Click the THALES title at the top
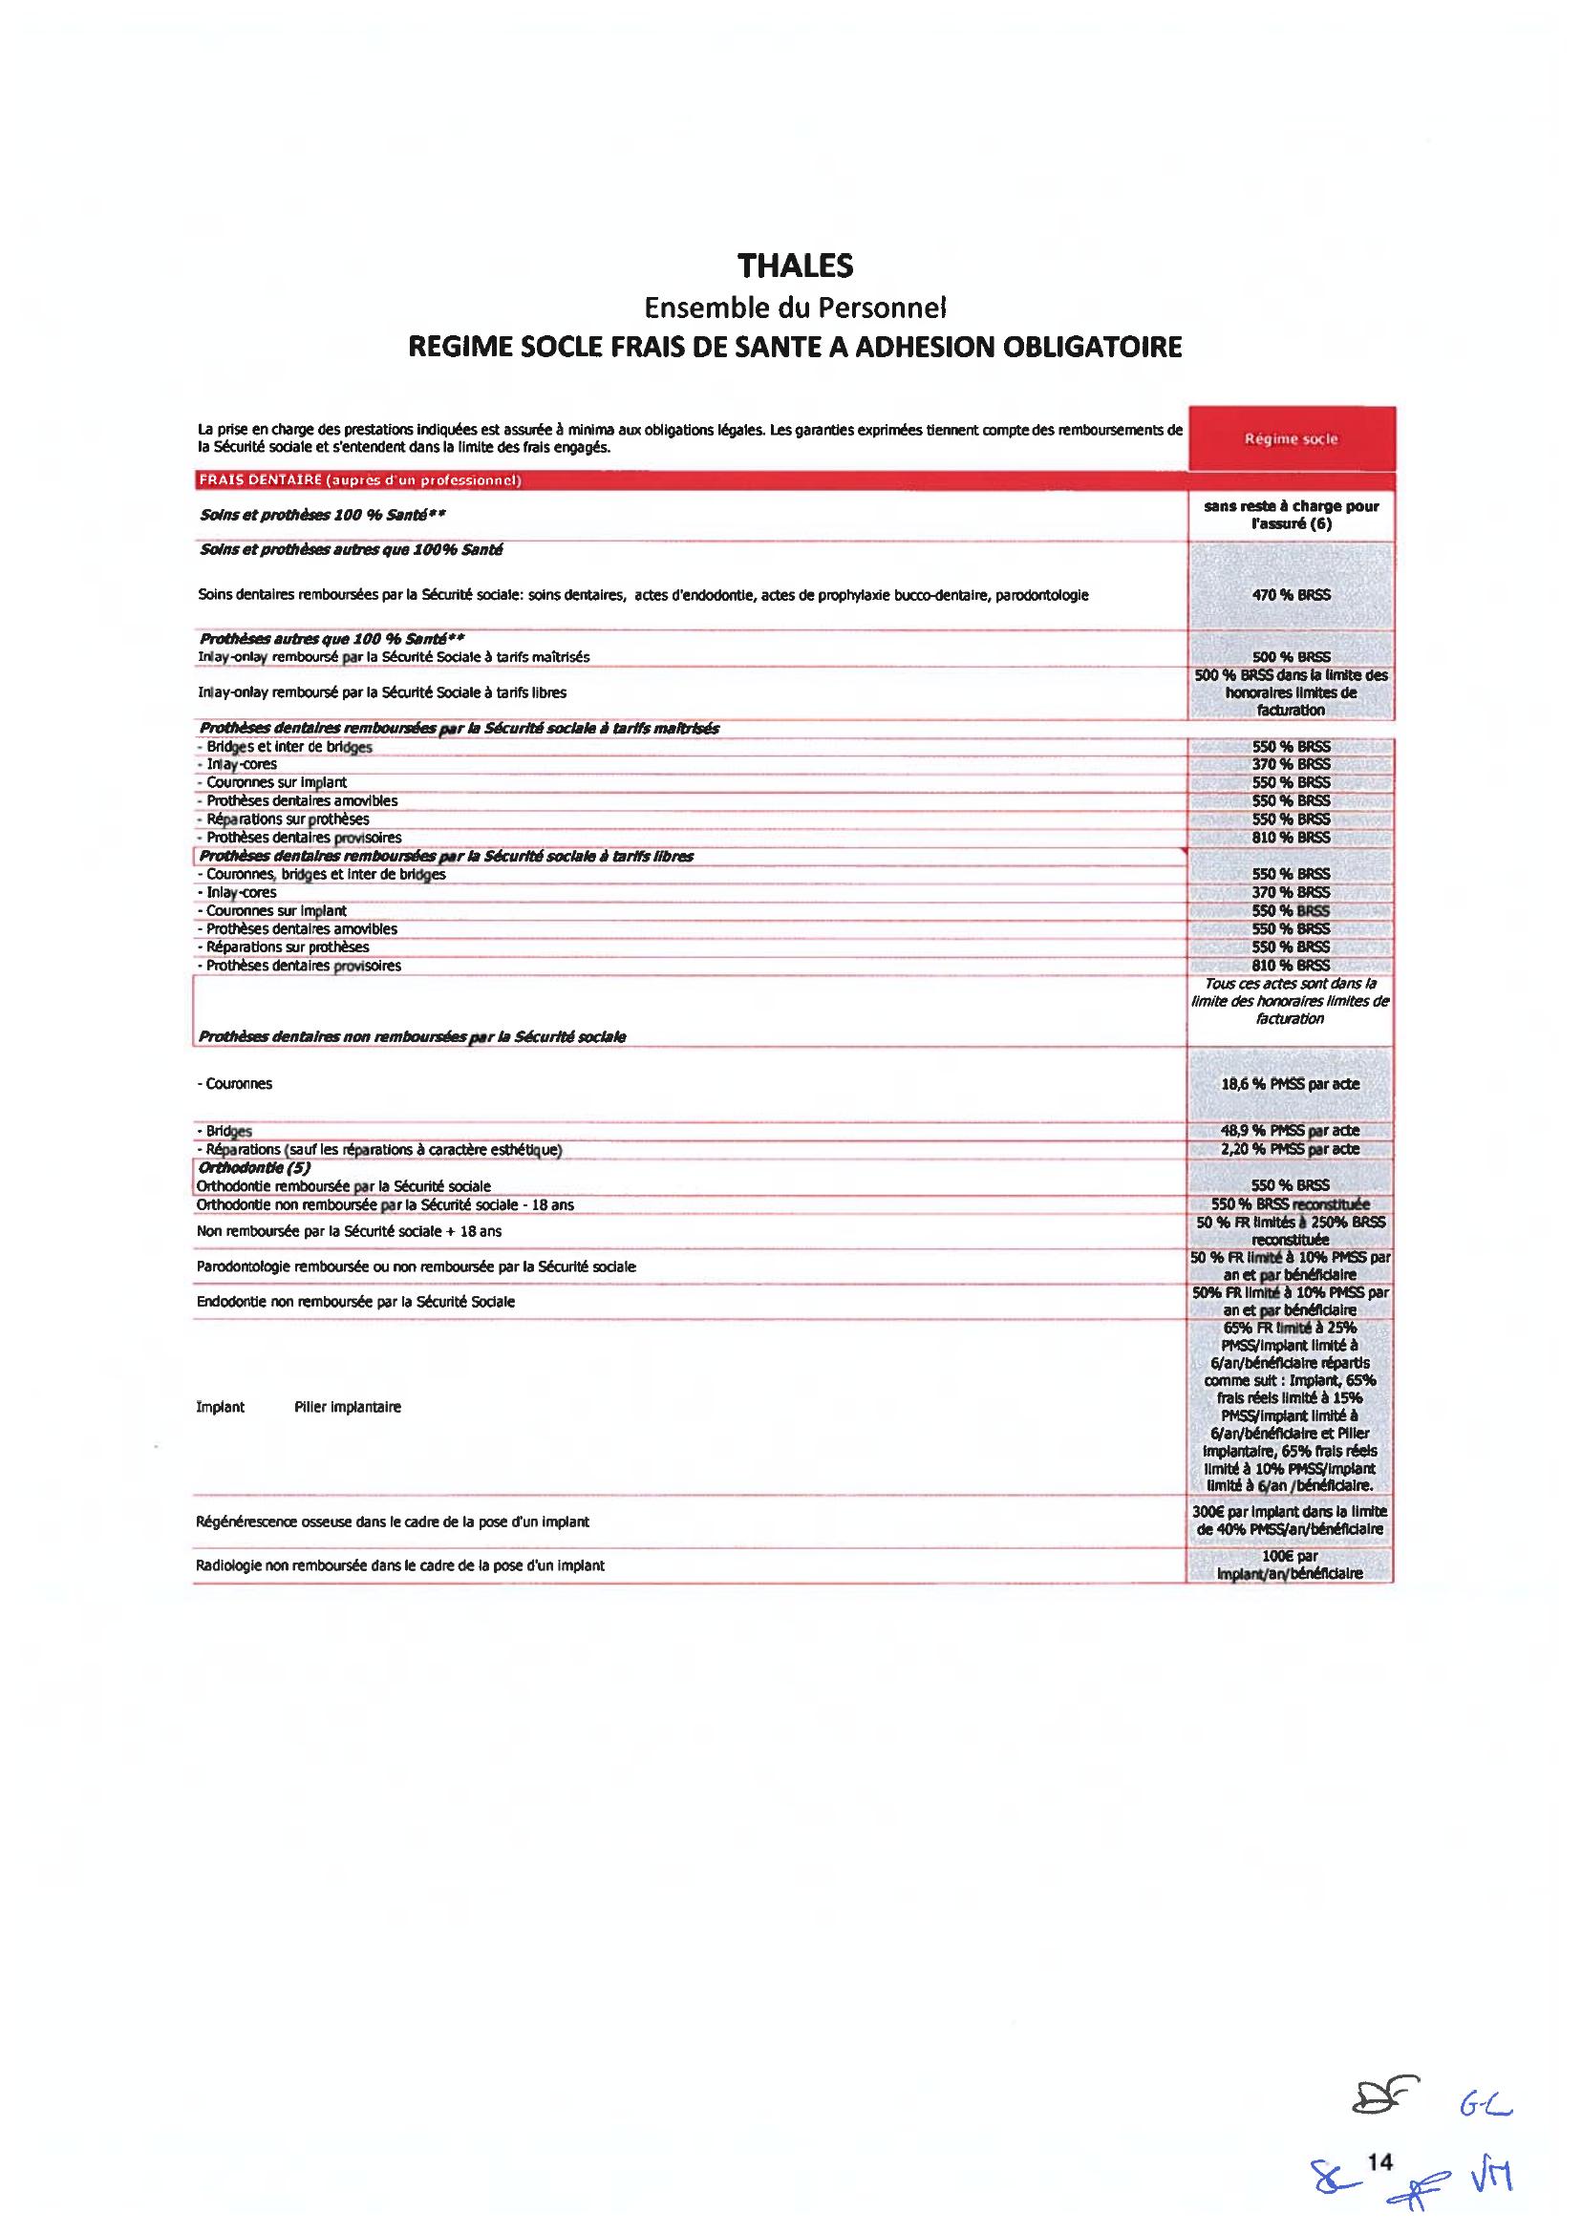(795, 266)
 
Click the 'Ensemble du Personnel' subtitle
(795, 308)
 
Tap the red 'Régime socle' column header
(1291, 439)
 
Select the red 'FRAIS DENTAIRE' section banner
(359, 480)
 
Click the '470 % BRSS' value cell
(1291, 594)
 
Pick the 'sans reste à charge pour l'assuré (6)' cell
(1291, 515)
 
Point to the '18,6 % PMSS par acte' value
(1291, 1084)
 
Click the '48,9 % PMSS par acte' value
(1291, 1131)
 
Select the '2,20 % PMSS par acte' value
(1291, 1149)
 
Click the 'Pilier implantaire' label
(347, 1407)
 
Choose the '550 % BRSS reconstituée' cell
(1291, 1204)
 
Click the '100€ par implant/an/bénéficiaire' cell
(1291, 1565)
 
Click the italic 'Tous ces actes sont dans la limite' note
(1291, 1001)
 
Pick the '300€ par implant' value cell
(1291, 1521)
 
